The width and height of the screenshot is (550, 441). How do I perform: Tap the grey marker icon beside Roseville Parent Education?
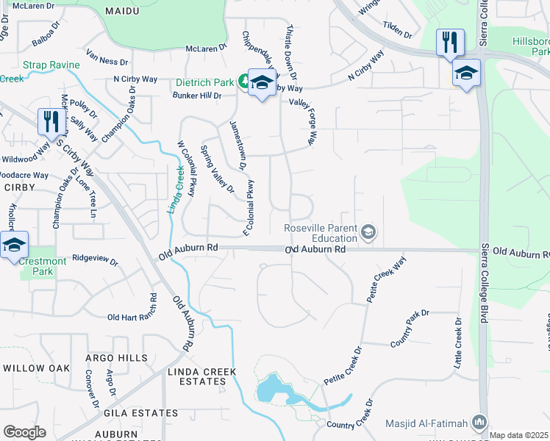click(x=368, y=233)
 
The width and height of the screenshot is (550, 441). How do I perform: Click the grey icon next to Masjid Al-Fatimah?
click(x=479, y=423)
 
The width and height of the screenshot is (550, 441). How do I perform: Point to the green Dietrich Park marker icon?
click(x=243, y=82)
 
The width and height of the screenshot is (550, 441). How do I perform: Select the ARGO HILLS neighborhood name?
click(x=116, y=357)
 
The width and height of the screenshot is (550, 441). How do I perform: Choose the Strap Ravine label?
click(x=51, y=65)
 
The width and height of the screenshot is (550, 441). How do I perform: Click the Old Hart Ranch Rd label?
click(x=132, y=317)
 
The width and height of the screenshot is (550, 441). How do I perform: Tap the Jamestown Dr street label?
click(x=238, y=144)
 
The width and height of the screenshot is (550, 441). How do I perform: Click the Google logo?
click(x=24, y=432)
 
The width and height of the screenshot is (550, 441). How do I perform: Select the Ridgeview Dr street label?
click(x=96, y=259)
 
